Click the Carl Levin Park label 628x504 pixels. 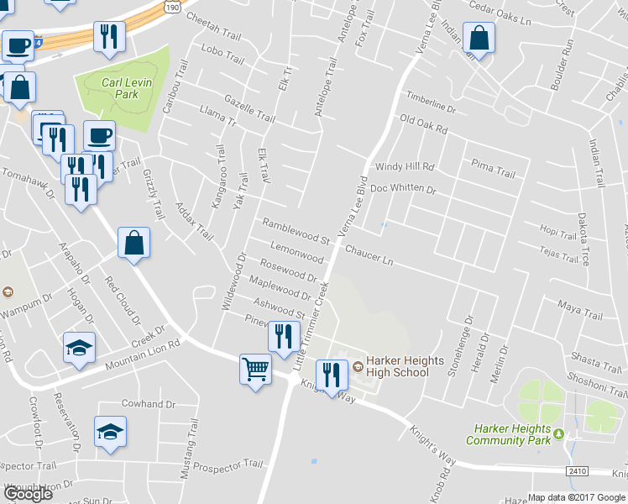[x=120, y=88]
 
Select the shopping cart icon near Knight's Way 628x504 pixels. [x=255, y=368]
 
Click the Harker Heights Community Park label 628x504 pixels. [x=507, y=434]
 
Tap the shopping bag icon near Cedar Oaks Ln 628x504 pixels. [x=478, y=38]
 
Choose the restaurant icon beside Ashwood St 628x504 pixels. [x=284, y=337]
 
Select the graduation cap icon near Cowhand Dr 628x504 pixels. [x=110, y=432]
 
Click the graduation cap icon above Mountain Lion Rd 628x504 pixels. [x=79, y=348]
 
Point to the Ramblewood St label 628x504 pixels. [x=296, y=229]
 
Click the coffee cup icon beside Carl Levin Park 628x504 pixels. [x=99, y=135]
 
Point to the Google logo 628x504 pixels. [x=28, y=493]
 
